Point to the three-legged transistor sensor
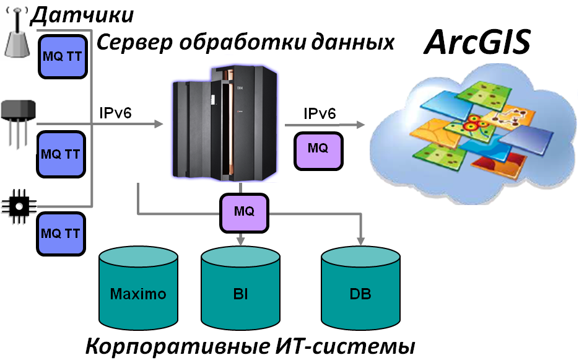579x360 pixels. coord(18,120)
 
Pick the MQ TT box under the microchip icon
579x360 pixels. coord(60,234)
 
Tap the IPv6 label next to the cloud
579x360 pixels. coord(320,113)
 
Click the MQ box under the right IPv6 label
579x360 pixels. coord(318,149)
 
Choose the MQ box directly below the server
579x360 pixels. coord(244,211)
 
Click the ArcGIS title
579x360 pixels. coord(477,43)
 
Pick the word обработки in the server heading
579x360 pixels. coord(253,42)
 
